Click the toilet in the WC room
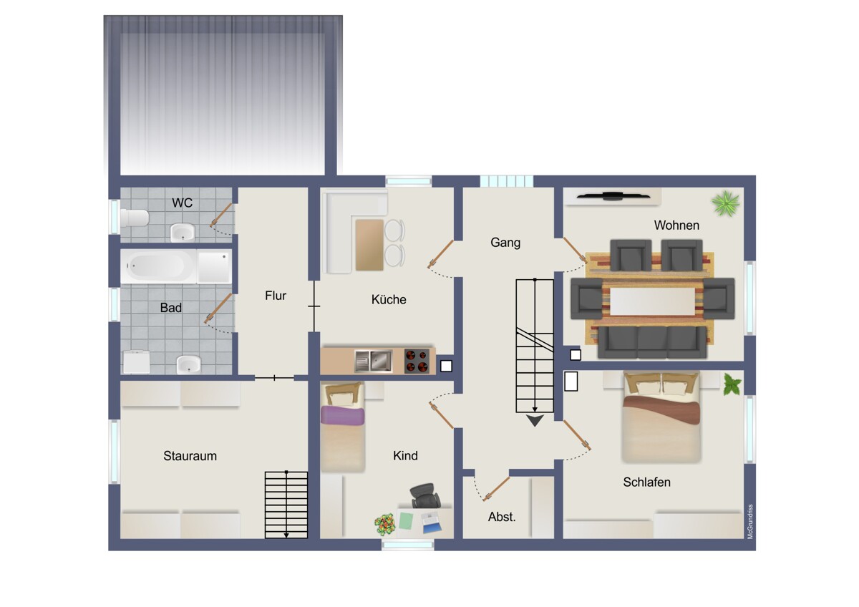pyautogui.click(x=135, y=218)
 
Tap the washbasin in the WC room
pyautogui.click(x=183, y=233)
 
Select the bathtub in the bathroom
pyautogui.click(x=158, y=266)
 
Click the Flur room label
pyautogui.click(x=276, y=296)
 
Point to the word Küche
pyautogui.click(x=389, y=299)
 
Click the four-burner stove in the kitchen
pyautogui.click(x=417, y=361)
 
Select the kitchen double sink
pyautogui.click(x=373, y=361)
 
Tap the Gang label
pyautogui.click(x=505, y=243)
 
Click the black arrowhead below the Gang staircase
pyautogui.click(x=535, y=420)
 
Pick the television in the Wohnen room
pyautogui.click(x=613, y=196)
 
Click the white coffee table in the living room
pyautogui.click(x=652, y=301)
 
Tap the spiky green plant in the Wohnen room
pyautogui.click(x=725, y=203)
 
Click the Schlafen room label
pyautogui.click(x=646, y=482)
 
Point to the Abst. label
pyautogui.click(x=502, y=517)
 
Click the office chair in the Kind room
pyautogui.click(x=425, y=496)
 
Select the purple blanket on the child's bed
pyautogui.click(x=342, y=415)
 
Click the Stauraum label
pyautogui.click(x=190, y=456)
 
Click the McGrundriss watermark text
pyautogui.click(x=750, y=522)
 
